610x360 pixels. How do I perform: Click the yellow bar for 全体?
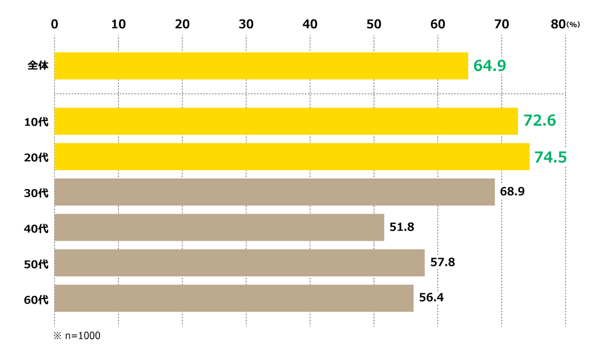point(261,66)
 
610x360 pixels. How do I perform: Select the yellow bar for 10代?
point(286,121)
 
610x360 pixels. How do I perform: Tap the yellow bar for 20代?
point(292,157)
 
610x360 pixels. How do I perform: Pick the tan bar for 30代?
point(274,192)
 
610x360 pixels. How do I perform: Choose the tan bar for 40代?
point(219,228)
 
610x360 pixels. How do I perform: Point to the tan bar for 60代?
point(234,298)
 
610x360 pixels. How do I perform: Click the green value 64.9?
point(489,66)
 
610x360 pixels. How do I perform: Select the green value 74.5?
point(550,157)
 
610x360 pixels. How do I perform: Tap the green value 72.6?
point(540,121)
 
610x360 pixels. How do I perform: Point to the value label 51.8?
point(402,227)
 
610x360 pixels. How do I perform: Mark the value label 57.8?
point(442,262)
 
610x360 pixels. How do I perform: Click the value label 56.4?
point(431,298)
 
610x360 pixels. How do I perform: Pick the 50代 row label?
point(36,264)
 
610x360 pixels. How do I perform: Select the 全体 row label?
point(38,66)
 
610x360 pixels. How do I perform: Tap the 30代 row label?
point(36,193)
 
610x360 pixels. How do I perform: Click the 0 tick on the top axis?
point(54,24)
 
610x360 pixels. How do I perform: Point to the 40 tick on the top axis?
point(310,24)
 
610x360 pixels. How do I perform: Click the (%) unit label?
point(573,25)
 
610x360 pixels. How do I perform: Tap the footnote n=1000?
point(77,336)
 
